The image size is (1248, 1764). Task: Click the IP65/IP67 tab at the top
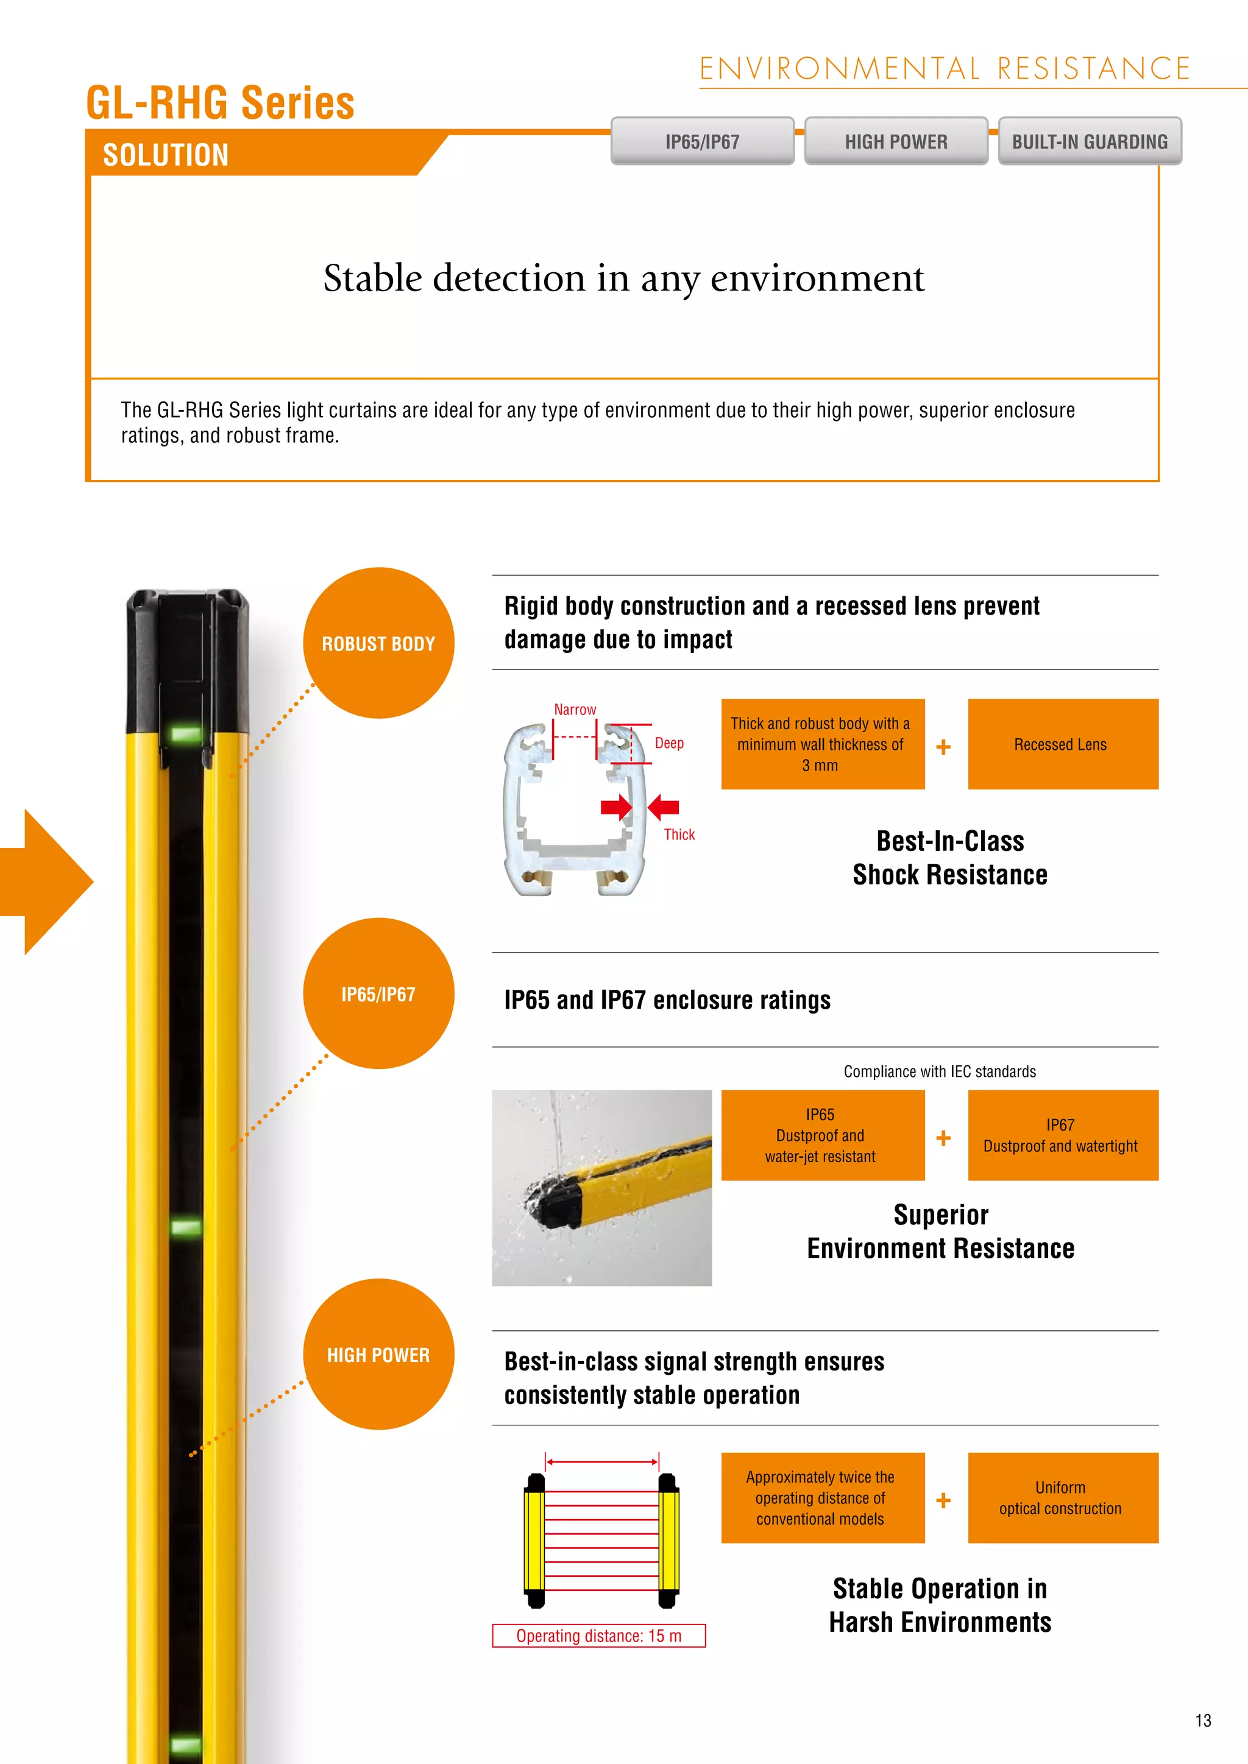point(701,141)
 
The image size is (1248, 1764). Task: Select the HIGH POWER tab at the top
point(895,141)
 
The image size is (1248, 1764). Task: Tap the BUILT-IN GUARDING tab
point(1089,141)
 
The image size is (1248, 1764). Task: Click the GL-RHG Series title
point(220,103)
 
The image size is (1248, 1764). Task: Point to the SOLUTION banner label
point(166,155)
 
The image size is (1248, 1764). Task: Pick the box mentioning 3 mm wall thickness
point(822,744)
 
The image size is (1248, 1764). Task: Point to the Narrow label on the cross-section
point(575,710)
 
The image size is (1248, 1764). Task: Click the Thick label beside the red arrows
point(679,834)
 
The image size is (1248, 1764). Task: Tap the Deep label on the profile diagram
point(669,743)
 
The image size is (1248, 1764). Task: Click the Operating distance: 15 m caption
point(598,1635)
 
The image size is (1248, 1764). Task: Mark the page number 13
point(1203,1720)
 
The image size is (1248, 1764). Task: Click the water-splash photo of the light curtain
point(601,1187)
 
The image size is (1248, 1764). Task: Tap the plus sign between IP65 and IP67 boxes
point(944,1138)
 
